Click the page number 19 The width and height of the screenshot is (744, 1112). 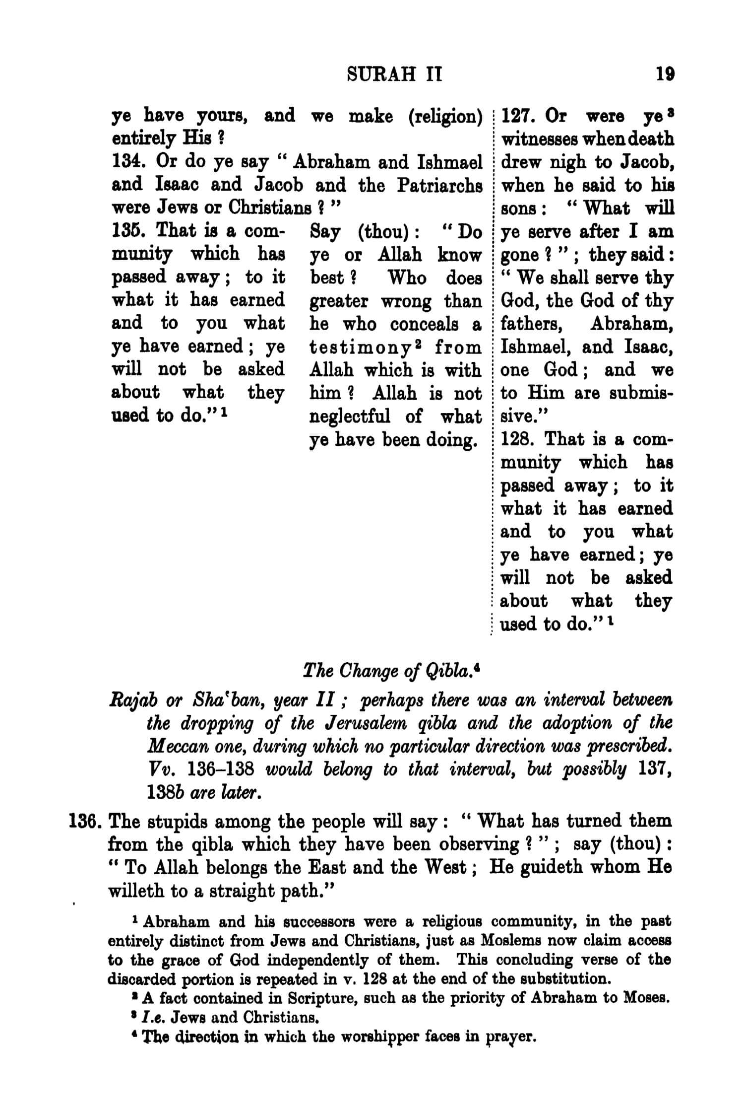pos(665,75)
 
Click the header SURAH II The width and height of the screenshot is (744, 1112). pos(394,75)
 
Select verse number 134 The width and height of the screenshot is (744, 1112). pos(127,162)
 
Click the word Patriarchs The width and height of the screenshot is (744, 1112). pos(440,185)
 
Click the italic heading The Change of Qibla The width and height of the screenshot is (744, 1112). pos(391,671)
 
